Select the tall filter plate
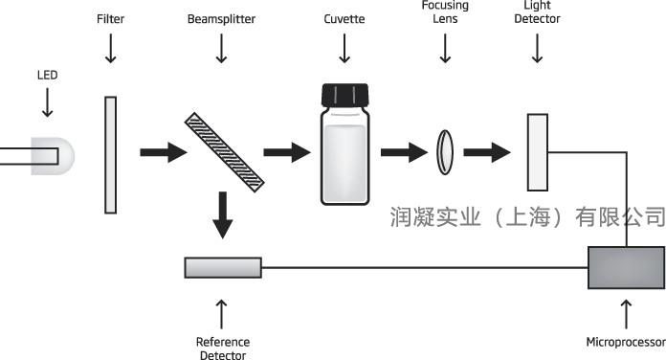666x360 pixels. (x=110, y=155)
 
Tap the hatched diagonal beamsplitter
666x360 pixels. (x=224, y=152)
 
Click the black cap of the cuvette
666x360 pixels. (x=344, y=95)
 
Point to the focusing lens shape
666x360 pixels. (x=445, y=152)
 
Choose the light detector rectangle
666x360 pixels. (x=538, y=152)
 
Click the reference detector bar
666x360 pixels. (x=223, y=268)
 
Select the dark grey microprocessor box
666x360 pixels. (x=627, y=268)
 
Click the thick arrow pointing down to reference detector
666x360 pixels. (x=223, y=214)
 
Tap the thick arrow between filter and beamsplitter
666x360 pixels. (x=164, y=152)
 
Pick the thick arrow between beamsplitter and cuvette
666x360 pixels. (x=287, y=152)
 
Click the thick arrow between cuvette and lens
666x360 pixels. (x=404, y=152)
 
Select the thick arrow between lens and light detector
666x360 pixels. (x=487, y=152)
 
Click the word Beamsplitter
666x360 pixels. (x=221, y=19)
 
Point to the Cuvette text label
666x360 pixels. (x=344, y=19)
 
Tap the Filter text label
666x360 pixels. (x=110, y=19)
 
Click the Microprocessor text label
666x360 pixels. (x=626, y=342)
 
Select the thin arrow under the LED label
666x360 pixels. (x=47, y=102)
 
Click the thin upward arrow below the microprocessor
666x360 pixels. (x=626, y=314)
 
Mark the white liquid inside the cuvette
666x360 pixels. (x=344, y=163)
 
